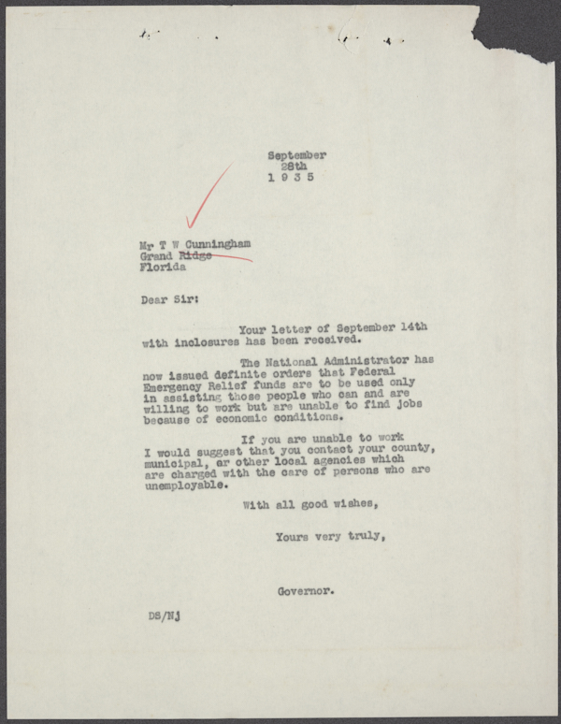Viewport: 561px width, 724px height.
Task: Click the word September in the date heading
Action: click(x=296, y=155)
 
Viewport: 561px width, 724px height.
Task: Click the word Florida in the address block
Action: click(x=163, y=266)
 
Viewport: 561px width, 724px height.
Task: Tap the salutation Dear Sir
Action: click(x=168, y=301)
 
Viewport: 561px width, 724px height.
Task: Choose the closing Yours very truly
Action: click(x=330, y=536)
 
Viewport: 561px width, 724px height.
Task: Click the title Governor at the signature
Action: click(x=307, y=591)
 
